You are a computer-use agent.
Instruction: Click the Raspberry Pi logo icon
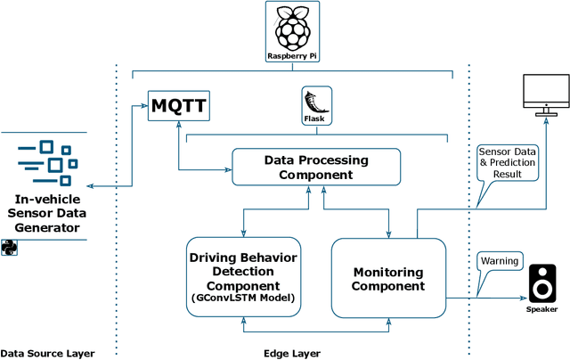tap(293, 28)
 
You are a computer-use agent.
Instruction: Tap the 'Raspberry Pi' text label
tap(293, 56)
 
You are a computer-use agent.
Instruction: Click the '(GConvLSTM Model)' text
tap(244, 297)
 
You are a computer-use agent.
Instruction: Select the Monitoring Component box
tap(387, 277)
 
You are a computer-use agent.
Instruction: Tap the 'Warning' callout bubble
tap(500, 262)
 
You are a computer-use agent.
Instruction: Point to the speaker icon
tap(542, 284)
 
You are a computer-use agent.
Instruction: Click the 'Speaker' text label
tap(541, 310)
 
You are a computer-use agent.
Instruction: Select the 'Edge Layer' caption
tap(293, 353)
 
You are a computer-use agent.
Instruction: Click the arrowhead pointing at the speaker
tap(520, 299)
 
